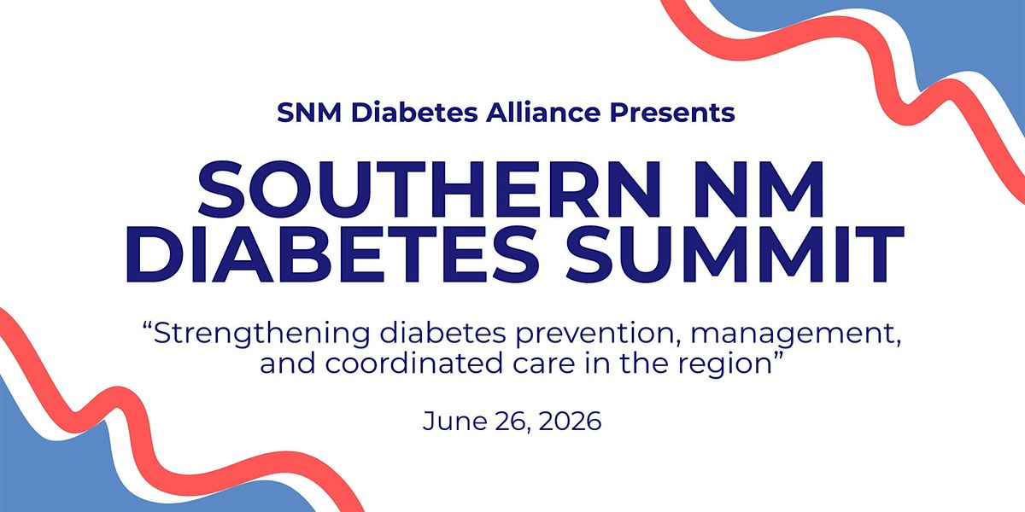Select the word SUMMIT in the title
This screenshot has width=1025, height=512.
pyautogui.click(x=735, y=253)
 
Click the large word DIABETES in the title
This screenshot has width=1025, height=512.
pyautogui.click(x=331, y=253)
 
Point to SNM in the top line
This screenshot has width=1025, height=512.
pyautogui.click(x=309, y=113)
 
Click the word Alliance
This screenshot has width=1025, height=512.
pyautogui.click(x=542, y=112)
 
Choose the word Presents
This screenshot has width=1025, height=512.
pyautogui.click(x=672, y=113)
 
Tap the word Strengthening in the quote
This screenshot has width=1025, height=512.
pyautogui.click(x=261, y=335)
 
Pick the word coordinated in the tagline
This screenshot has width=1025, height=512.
pyautogui.click(x=414, y=364)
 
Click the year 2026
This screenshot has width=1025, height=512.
pyautogui.click(x=570, y=421)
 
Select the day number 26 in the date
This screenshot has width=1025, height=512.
pyautogui.click(x=513, y=422)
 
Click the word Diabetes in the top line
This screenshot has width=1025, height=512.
pyautogui.click(x=414, y=113)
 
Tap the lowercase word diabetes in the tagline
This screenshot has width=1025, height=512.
pyautogui.click(x=443, y=335)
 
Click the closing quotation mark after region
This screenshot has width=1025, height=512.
pyautogui.click(x=778, y=356)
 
